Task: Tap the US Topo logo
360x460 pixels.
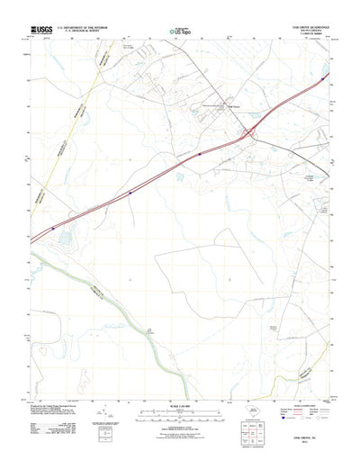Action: point(178,33)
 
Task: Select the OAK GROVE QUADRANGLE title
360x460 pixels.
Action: point(306,27)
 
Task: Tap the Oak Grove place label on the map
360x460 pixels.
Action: point(231,109)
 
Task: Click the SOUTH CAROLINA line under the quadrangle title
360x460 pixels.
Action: point(306,32)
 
